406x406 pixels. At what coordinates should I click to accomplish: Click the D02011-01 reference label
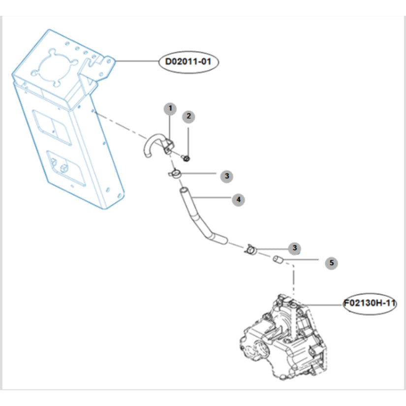(x=188, y=62)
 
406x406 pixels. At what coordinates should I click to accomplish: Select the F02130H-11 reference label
(x=370, y=303)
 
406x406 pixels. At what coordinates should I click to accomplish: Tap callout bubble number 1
(x=170, y=108)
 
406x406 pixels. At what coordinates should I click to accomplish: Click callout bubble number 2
(x=188, y=117)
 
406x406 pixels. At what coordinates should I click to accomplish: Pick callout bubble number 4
(x=239, y=200)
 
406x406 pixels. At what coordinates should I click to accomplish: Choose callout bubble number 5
(x=331, y=263)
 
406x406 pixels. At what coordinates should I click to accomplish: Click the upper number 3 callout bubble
(x=227, y=176)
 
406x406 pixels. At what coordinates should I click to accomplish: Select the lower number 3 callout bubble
(x=295, y=248)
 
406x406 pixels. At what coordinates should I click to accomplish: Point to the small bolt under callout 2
(x=186, y=157)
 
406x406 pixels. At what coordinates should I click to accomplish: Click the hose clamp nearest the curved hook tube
(x=175, y=174)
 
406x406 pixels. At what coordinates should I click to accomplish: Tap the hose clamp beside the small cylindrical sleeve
(x=250, y=249)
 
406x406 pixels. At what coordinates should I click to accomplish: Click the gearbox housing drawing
(x=282, y=337)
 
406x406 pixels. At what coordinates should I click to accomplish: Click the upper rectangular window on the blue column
(x=52, y=127)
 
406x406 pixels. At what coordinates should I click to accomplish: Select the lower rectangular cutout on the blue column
(x=66, y=168)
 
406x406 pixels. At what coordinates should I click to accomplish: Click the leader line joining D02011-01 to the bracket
(x=136, y=61)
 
